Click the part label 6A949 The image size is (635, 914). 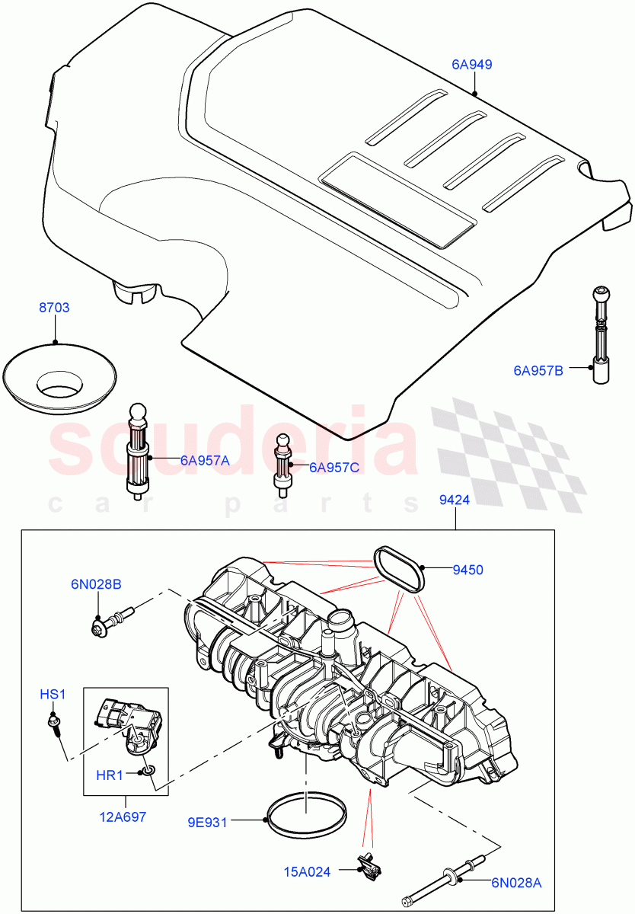coord(471,65)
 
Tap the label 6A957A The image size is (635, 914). coord(205,460)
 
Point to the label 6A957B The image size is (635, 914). coord(538,371)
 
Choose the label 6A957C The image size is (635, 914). coord(333,467)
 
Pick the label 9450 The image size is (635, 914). coord(467,569)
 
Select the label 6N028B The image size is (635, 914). coord(97,584)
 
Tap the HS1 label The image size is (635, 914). coord(53,694)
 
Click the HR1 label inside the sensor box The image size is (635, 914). coord(110,775)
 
